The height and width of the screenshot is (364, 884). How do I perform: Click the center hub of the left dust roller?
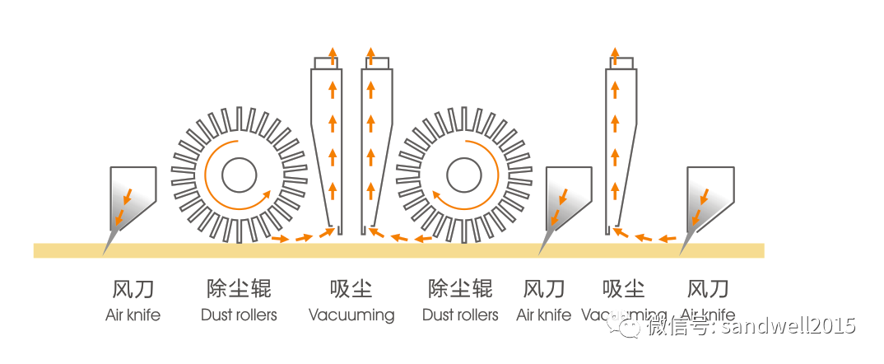(x=237, y=175)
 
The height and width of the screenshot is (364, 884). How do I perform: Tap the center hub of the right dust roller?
(x=464, y=175)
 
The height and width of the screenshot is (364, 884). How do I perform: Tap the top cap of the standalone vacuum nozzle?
(x=620, y=63)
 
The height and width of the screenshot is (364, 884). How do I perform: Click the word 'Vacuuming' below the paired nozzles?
(x=351, y=315)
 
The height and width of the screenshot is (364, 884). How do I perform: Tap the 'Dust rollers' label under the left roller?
(x=239, y=315)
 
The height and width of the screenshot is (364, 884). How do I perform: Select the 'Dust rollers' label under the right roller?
(x=460, y=315)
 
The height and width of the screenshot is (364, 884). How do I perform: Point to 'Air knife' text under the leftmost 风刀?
(x=133, y=315)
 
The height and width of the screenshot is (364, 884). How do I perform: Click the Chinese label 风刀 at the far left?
(x=133, y=289)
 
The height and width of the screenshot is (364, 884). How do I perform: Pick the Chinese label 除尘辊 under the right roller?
(x=460, y=289)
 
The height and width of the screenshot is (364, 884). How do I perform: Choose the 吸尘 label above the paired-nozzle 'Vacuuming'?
(x=351, y=289)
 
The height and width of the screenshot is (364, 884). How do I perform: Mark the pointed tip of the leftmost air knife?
(x=105, y=254)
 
